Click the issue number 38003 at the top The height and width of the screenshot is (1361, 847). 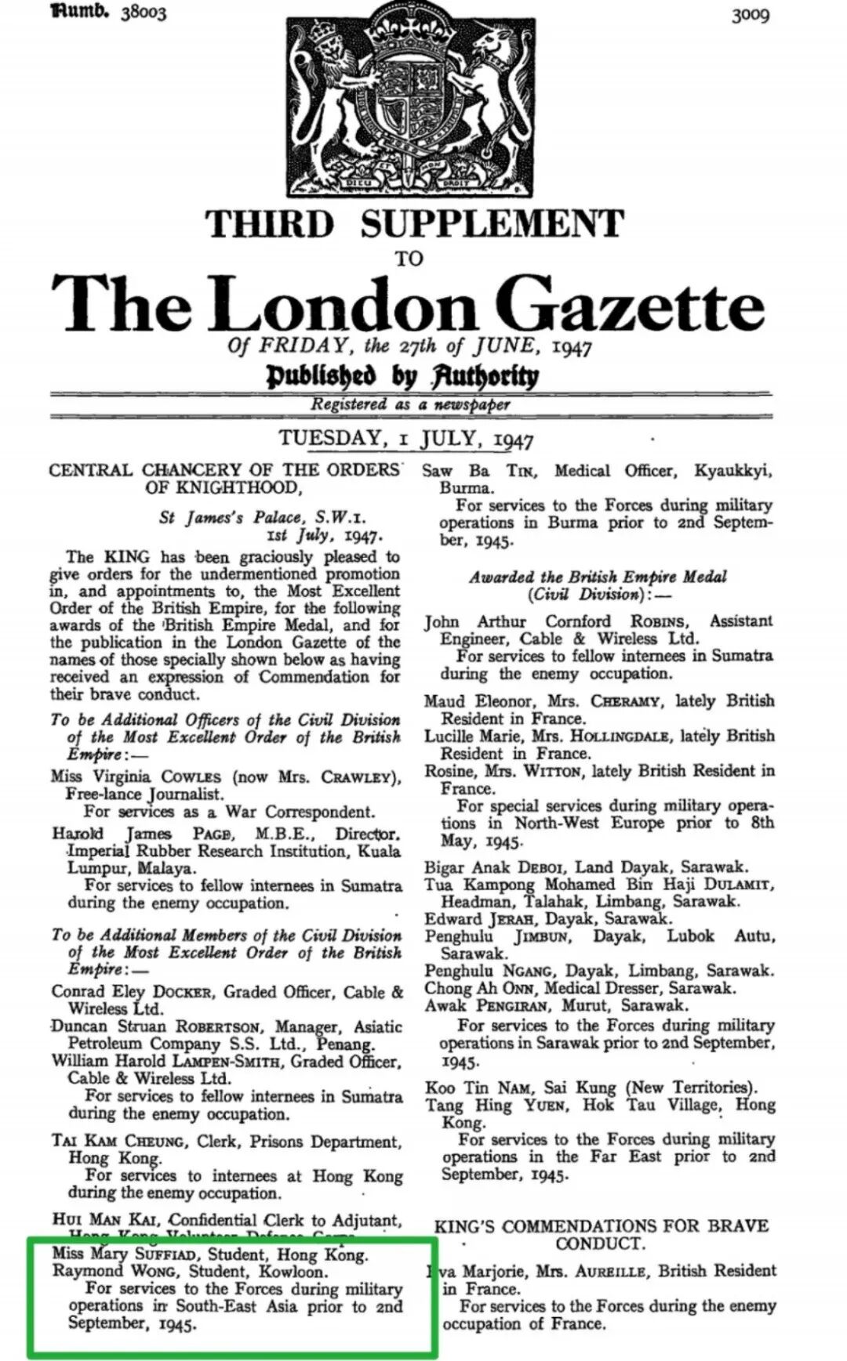[x=144, y=13]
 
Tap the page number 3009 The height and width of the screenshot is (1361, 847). [x=750, y=15]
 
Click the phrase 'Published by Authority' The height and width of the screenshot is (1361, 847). [x=403, y=377]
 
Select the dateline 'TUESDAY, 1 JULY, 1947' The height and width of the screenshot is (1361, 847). [x=406, y=439]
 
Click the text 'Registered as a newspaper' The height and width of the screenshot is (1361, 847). [x=410, y=404]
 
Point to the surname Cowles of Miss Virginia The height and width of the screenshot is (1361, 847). [x=192, y=777]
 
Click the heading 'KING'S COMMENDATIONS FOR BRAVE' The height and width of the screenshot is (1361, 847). [x=602, y=1226]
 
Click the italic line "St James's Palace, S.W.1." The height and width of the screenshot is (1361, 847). [x=262, y=518]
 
